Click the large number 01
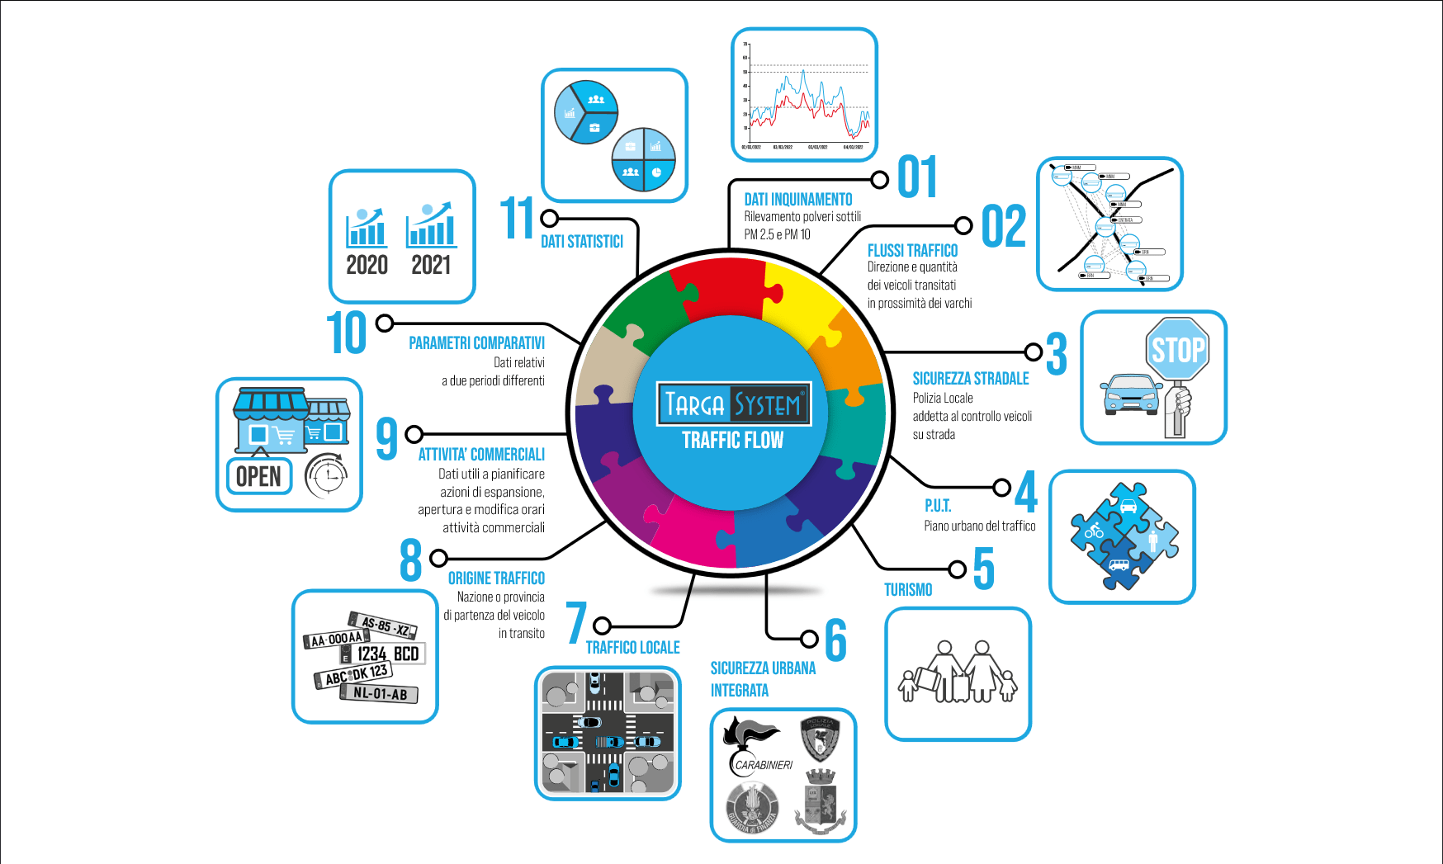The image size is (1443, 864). click(x=917, y=177)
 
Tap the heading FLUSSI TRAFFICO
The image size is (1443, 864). click(x=912, y=250)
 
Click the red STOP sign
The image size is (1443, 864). click(x=1177, y=350)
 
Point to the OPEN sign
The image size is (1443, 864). click(x=259, y=476)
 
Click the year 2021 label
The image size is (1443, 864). click(x=431, y=265)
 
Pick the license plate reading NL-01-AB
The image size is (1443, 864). click(x=380, y=694)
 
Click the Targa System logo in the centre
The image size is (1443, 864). click(x=733, y=404)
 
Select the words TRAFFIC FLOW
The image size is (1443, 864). click(x=733, y=440)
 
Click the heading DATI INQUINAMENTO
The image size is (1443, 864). click(x=797, y=199)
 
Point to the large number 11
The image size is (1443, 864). click(x=518, y=218)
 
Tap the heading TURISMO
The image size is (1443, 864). click(x=908, y=589)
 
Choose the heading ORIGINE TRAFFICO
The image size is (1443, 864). click(x=496, y=578)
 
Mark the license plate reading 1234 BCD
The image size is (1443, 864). click(x=386, y=654)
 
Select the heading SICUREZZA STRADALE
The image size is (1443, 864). click(x=971, y=378)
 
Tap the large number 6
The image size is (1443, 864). click(x=836, y=640)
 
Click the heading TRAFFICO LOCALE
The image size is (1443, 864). click(x=632, y=647)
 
